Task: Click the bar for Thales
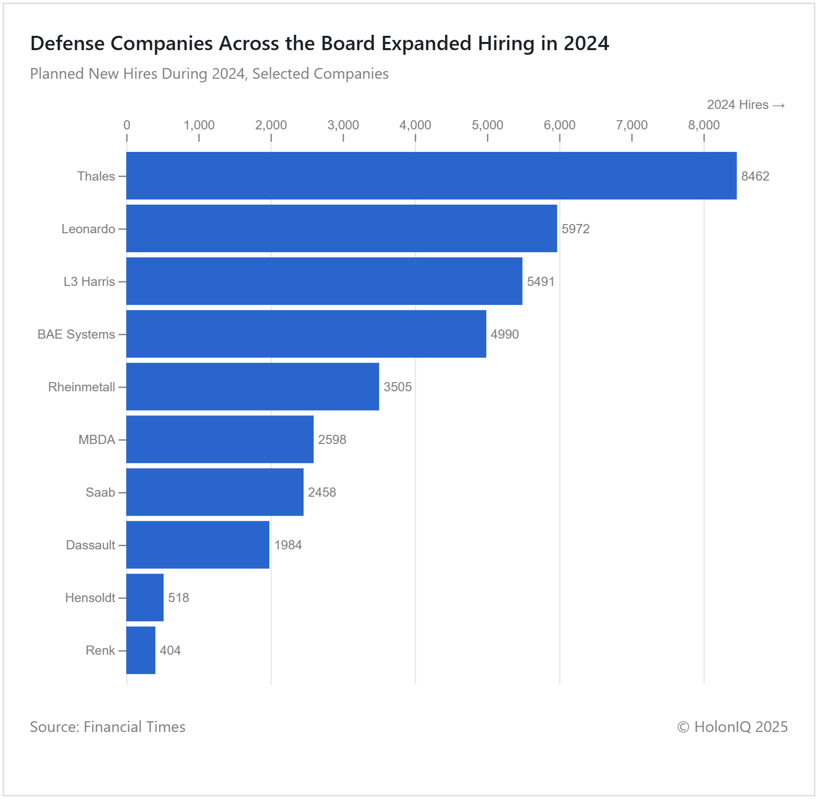(431, 175)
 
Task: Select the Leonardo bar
(342, 228)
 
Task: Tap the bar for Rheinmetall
(253, 386)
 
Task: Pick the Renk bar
(141, 650)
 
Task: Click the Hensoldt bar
(145, 597)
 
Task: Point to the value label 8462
(755, 176)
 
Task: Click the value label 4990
(505, 334)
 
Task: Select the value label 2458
(322, 492)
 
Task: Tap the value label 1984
(288, 545)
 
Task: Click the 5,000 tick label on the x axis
(487, 125)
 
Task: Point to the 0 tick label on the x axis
(127, 125)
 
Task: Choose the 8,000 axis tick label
(703, 125)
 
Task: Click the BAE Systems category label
(76, 334)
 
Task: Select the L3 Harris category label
(89, 281)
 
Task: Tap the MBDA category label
(97, 439)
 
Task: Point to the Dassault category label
(90, 545)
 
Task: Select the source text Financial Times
(134, 727)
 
